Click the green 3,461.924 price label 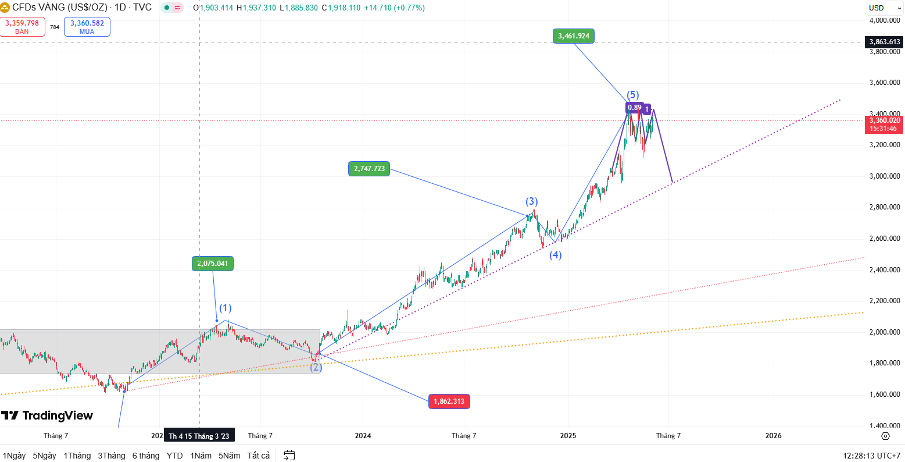pos(574,36)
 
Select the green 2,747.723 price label pos(369,169)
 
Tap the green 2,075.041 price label pos(213,264)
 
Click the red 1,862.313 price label pos(449,401)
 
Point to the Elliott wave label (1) pos(226,308)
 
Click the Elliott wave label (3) pos(532,201)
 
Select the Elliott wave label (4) pos(556,255)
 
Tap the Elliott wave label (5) pos(633,95)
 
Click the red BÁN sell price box pos(22,27)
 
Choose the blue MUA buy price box pos(87,27)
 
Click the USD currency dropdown pos(882,8)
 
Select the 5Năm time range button pos(229,456)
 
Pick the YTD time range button pos(174,456)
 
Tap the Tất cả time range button pos(259,456)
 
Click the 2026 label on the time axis pos(774,435)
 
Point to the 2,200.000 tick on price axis pos(885,301)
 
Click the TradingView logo pos(47,415)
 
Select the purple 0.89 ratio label pos(635,108)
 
